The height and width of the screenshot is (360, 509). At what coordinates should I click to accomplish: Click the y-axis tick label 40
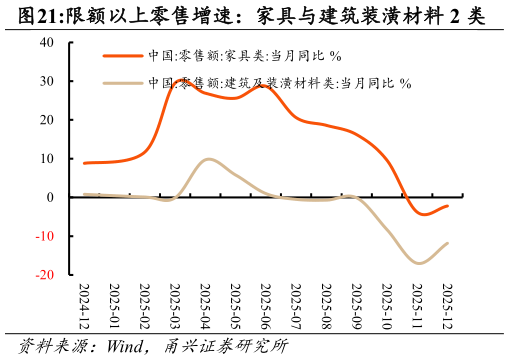(47, 43)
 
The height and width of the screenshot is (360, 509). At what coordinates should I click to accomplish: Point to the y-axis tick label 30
(47, 82)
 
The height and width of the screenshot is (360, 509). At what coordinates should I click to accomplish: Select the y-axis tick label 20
(47, 120)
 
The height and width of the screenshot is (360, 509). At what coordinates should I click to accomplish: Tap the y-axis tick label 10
(47, 159)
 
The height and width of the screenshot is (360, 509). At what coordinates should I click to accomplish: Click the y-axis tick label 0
(50, 198)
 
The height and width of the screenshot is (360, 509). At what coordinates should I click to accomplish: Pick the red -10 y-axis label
(45, 236)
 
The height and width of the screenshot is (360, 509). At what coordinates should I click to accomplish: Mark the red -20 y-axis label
(45, 274)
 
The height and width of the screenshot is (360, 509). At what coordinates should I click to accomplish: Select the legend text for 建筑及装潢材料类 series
(279, 83)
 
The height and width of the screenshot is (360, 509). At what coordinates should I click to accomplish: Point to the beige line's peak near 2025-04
(207, 159)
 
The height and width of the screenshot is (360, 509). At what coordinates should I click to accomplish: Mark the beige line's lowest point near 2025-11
(419, 263)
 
